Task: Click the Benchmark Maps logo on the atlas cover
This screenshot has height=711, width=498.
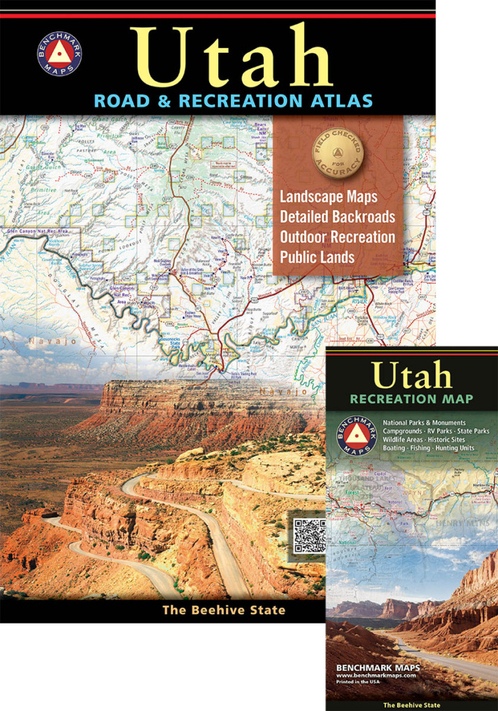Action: coord(59,53)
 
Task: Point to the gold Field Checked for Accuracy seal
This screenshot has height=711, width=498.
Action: coord(338,151)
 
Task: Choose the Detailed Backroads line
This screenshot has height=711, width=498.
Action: coord(338,217)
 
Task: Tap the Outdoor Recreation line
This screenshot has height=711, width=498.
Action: coord(338,237)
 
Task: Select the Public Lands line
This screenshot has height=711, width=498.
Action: coord(317,257)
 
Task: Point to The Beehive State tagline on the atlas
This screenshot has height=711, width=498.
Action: coord(224,610)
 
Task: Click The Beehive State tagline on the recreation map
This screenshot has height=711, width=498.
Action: coord(413,704)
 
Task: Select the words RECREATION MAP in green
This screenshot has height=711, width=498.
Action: coord(412,399)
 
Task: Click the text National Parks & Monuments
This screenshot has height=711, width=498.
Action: coord(424,422)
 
